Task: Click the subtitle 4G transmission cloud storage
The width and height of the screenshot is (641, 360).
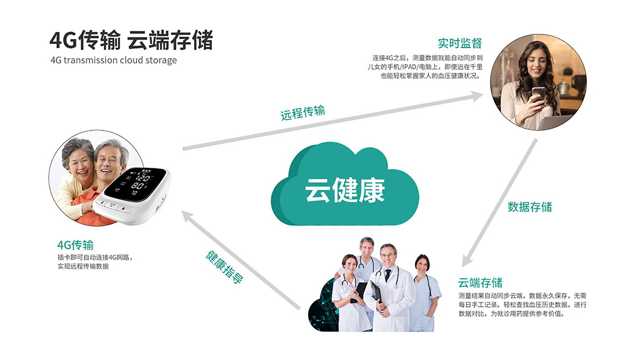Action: [113, 60]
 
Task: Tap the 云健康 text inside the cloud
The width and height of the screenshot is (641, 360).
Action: [345, 190]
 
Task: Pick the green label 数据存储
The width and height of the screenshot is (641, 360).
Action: [529, 206]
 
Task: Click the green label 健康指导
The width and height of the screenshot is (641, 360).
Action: [224, 267]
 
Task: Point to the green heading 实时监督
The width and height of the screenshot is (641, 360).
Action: [459, 43]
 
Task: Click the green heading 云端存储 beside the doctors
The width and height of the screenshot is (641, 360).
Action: [480, 282]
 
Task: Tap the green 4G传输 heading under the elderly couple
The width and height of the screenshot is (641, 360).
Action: [75, 245]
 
